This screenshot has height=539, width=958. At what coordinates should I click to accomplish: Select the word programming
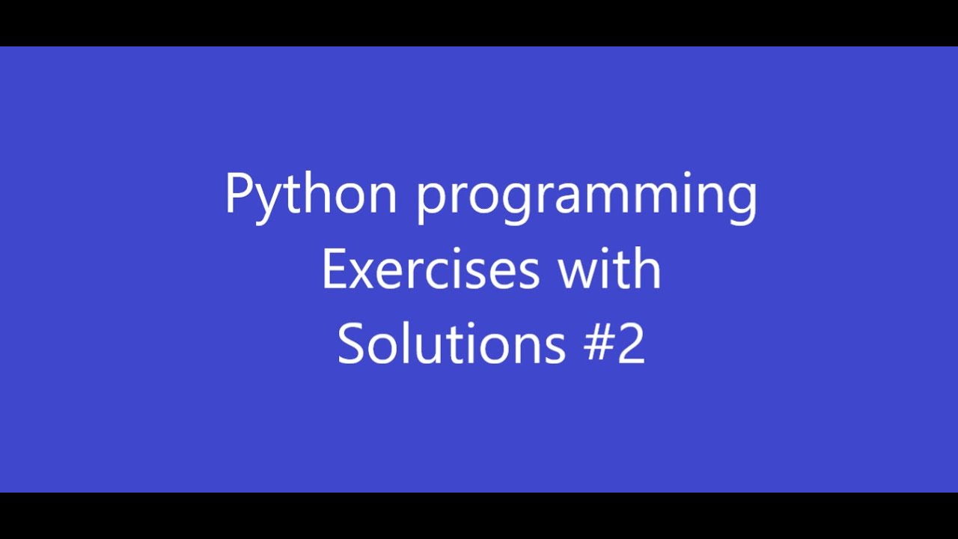tap(587, 196)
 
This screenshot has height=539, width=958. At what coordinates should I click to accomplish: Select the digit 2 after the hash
tap(632, 344)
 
